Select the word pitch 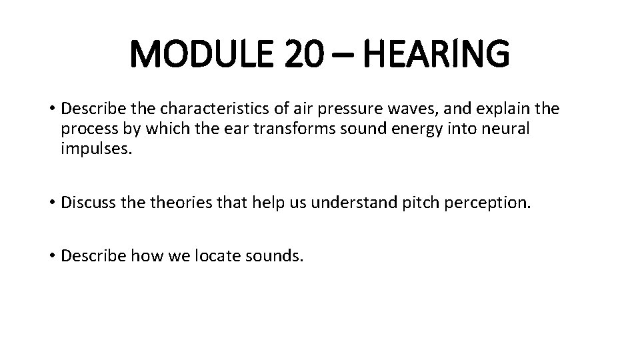418,202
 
